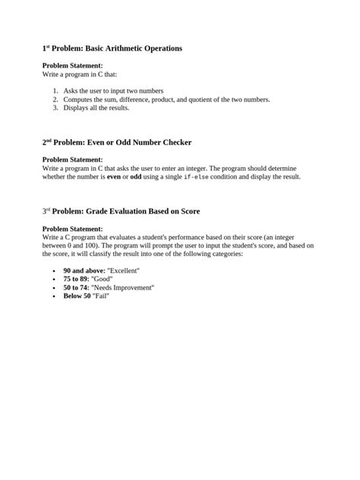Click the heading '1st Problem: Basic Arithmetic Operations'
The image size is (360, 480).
pyautogui.click(x=112, y=49)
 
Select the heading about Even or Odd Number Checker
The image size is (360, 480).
pyautogui.click(x=116, y=142)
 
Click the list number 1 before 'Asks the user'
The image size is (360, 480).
pyautogui.click(x=55, y=90)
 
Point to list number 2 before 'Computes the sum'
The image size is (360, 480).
pyautogui.click(x=55, y=99)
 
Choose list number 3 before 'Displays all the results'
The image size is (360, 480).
pyautogui.click(x=55, y=107)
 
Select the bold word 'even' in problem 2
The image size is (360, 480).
pyautogui.click(x=115, y=177)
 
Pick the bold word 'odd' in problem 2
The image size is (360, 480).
pyautogui.click(x=136, y=177)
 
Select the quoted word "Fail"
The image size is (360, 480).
pyautogui.click(x=101, y=296)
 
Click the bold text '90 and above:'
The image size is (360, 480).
pyautogui.click(x=84, y=271)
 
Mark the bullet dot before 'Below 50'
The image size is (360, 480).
pyautogui.click(x=53, y=297)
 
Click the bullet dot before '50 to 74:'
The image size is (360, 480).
pyautogui.click(x=53, y=289)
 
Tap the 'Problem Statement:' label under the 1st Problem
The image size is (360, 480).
pyautogui.click(x=72, y=66)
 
